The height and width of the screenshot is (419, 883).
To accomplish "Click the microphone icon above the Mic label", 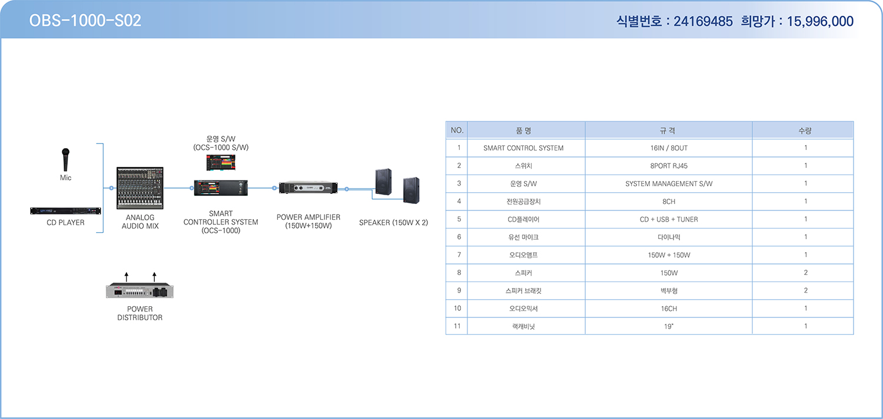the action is (66, 159).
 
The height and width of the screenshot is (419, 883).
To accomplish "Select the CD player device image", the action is (65, 211).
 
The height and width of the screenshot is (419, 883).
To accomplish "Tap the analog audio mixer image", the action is (140, 188).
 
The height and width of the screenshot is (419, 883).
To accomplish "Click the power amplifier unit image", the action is (308, 187).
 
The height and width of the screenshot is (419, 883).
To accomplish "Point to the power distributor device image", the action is (140, 290).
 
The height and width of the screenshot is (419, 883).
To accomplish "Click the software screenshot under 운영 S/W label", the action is (221, 162).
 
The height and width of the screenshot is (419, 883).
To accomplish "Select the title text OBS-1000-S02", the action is (85, 21).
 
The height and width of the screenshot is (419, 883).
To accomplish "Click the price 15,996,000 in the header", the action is (820, 21).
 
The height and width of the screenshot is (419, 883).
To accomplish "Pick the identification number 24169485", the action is (703, 21).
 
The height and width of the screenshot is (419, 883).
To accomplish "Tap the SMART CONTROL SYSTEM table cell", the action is (523, 148).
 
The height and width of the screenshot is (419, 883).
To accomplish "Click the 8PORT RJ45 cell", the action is (669, 166).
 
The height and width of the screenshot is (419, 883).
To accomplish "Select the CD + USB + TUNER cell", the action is (669, 219).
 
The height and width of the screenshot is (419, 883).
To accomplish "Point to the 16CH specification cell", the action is (669, 309).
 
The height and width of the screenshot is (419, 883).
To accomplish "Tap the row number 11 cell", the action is (457, 326).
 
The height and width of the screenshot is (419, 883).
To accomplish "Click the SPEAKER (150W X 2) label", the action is (393, 222).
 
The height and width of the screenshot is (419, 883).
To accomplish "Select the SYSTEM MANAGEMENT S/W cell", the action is (669, 184).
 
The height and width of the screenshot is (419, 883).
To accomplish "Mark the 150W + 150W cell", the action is (669, 255).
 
